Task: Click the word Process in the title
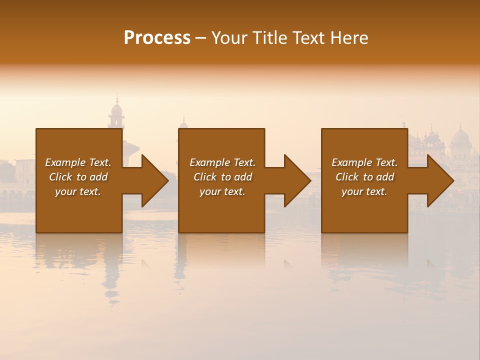click(x=157, y=38)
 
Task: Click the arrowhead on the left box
click(x=154, y=180)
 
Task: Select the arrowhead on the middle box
click(x=297, y=180)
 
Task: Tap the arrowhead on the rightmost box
click(x=440, y=180)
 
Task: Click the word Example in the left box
click(x=65, y=162)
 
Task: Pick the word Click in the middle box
click(x=205, y=177)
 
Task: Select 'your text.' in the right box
click(x=364, y=191)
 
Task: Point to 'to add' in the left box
click(x=92, y=177)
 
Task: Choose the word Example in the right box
click(x=352, y=162)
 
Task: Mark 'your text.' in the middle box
click(x=222, y=191)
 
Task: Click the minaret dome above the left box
click(x=116, y=108)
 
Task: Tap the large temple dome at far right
click(x=460, y=136)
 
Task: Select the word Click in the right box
click(x=347, y=177)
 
